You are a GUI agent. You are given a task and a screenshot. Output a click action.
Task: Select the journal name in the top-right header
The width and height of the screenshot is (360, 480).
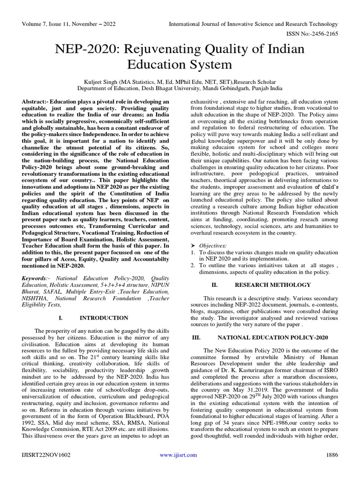tap(253, 24)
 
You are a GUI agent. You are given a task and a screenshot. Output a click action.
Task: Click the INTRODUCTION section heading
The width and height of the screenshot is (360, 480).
tap(104, 318)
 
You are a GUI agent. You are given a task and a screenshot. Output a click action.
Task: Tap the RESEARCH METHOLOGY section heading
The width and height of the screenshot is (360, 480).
tap(272, 285)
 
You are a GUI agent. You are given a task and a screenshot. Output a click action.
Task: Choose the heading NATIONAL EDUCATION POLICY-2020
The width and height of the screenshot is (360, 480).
tap(275, 337)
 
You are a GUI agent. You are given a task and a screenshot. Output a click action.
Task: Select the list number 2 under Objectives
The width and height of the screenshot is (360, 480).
tap(193, 265)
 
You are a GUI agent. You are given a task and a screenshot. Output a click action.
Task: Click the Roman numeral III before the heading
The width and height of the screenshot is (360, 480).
tap(197, 337)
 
